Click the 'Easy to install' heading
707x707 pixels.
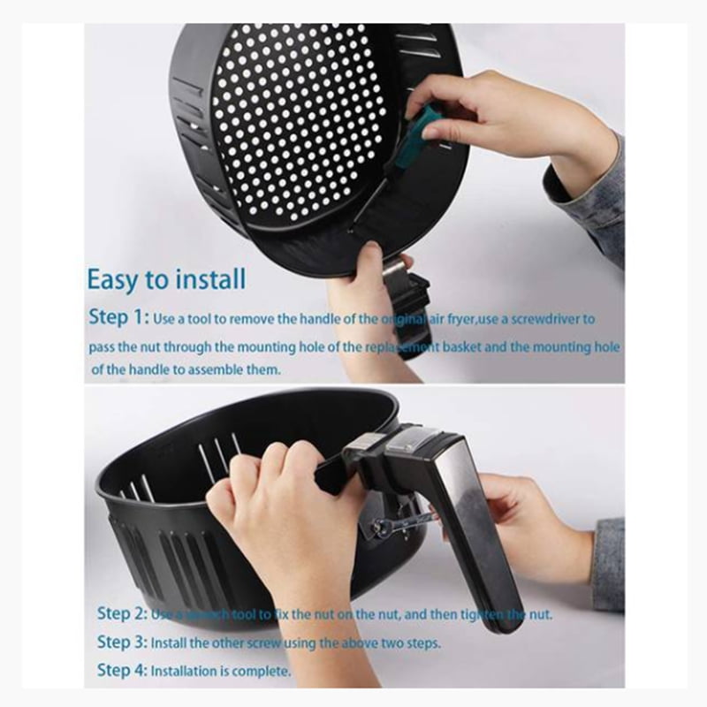click(x=166, y=279)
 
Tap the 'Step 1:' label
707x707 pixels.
click(x=118, y=317)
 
